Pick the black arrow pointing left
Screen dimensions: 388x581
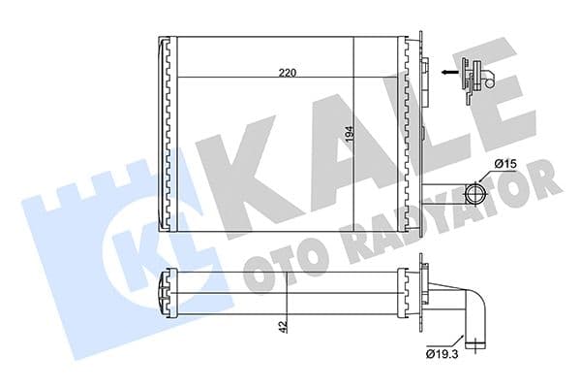click(x=446, y=71)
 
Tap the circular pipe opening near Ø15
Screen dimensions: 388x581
click(x=477, y=186)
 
